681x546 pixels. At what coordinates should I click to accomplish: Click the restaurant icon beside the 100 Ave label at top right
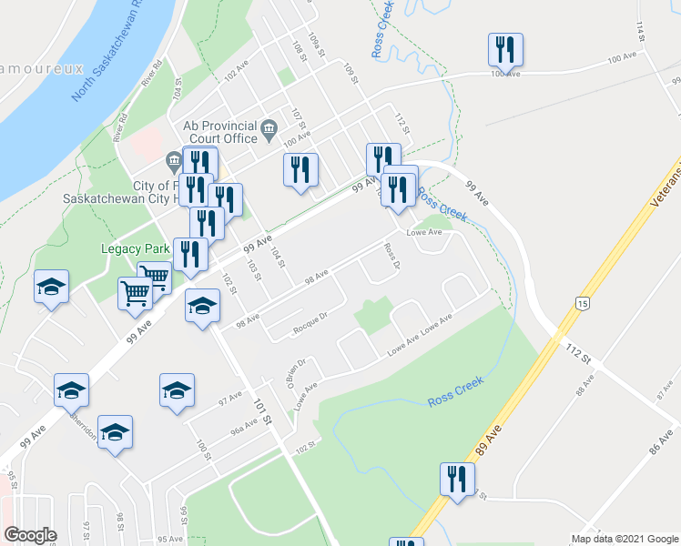(505, 50)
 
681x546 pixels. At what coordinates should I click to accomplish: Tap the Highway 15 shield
(580, 302)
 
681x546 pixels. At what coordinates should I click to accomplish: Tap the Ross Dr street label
(392, 257)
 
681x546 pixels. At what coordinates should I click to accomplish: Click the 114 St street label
(642, 33)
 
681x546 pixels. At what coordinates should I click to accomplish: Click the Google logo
(31, 535)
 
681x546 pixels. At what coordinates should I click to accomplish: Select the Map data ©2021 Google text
(624, 539)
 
